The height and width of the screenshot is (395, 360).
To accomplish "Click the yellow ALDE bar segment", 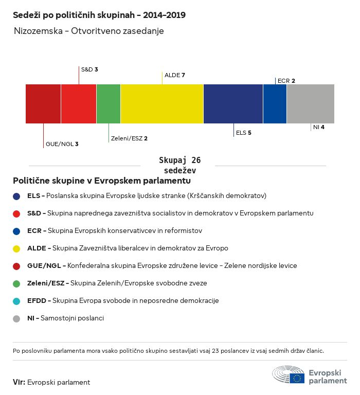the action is (162, 104).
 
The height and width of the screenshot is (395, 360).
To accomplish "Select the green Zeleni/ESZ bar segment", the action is (109, 104).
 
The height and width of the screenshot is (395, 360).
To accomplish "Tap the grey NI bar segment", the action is (311, 104).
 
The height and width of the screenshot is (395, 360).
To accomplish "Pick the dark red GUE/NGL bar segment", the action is (43, 104).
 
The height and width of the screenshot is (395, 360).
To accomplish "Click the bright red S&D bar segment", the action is (79, 104).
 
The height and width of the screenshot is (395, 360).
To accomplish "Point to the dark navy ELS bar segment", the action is (233, 104).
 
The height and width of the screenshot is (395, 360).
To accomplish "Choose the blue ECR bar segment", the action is (275, 104).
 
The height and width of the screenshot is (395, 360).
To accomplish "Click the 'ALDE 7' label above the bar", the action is (175, 75).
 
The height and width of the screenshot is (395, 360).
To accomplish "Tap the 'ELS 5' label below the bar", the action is (244, 133).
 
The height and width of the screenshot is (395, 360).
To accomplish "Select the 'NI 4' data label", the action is (319, 127).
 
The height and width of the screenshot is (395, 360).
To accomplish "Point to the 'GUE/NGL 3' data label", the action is (62, 144).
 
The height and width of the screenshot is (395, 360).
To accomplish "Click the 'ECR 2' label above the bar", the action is (286, 81).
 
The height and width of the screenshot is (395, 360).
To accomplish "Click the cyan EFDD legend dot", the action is (16, 301).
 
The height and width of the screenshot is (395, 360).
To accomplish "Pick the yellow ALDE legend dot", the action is (16, 248).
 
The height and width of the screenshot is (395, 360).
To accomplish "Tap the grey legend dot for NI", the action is (16, 319).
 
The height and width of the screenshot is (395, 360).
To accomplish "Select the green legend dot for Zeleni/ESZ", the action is (16, 284).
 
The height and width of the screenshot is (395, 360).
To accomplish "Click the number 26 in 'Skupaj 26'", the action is (196, 160).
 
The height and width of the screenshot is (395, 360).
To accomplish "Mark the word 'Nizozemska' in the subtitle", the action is (38, 31).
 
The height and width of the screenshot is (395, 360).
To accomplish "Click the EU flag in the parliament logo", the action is (297, 378).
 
